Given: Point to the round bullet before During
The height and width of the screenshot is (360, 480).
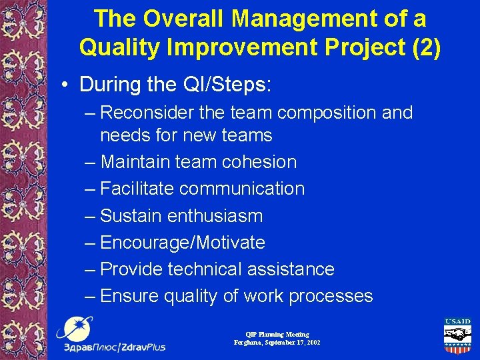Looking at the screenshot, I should tap(65, 85).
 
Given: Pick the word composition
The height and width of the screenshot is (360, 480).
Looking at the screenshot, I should tap(323, 113).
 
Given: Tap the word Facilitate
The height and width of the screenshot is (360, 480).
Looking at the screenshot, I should tap(137, 189).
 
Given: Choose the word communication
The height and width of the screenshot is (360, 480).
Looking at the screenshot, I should tap(242, 189).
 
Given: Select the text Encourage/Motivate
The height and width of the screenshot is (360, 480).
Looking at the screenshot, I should tap(183, 243).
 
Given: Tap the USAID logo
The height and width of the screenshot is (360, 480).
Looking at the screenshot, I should tap(457, 337).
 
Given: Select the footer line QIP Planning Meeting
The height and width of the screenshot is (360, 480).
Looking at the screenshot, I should tap(277, 335).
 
